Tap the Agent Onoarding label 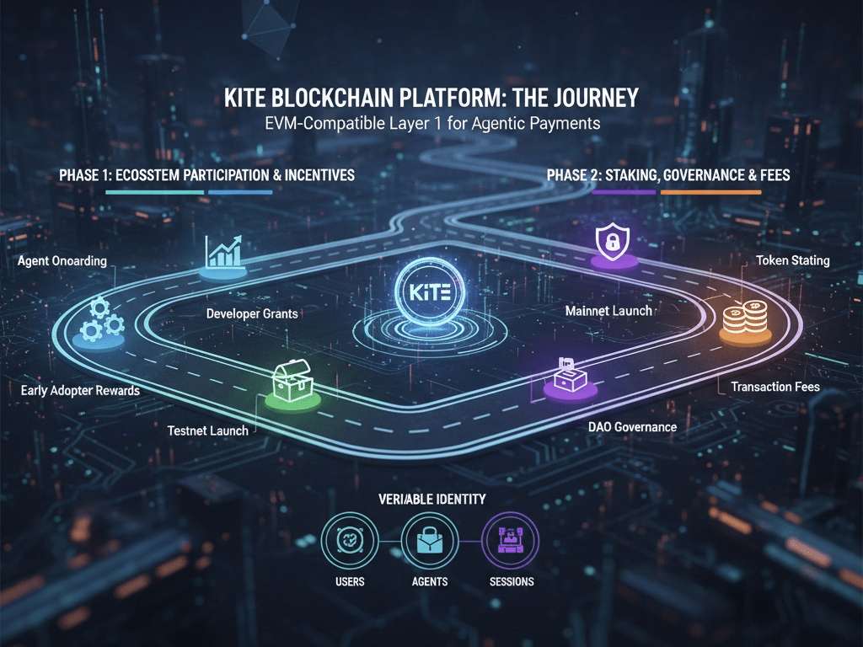point(62,260)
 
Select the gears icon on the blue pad point(99,318)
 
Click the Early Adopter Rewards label point(80,391)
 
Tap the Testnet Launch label point(207,430)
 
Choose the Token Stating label point(792,260)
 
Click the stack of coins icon point(743,323)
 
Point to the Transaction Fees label point(775,387)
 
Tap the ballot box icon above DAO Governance point(568,376)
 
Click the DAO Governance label point(632,427)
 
